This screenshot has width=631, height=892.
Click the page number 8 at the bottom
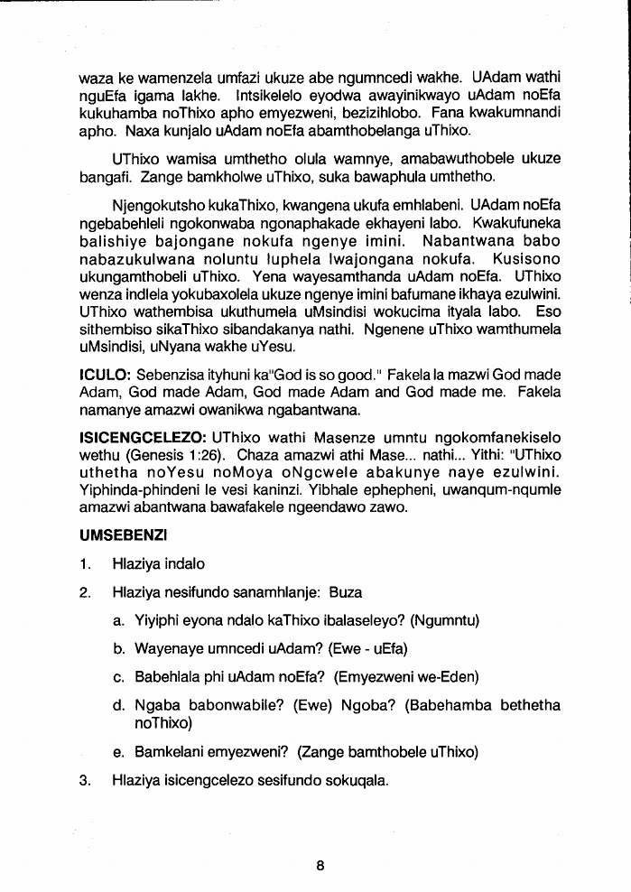(320, 865)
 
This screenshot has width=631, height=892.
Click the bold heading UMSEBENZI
(116, 535)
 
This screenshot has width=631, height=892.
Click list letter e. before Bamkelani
(118, 751)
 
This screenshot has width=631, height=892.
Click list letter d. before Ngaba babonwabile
(118, 705)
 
